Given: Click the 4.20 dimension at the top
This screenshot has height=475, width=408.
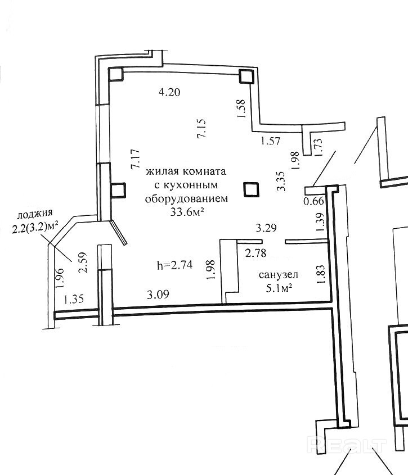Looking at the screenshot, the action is pyautogui.click(x=169, y=93).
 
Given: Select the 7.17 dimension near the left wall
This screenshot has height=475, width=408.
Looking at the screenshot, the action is pyautogui.click(x=134, y=160).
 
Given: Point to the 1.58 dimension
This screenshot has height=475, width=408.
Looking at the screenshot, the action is pyautogui.click(x=241, y=108).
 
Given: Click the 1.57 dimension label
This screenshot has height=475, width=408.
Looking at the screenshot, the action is pyautogui.click(x=270, y=141).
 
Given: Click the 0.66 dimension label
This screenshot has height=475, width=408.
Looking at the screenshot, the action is pyautogui.click(x=313, y=201).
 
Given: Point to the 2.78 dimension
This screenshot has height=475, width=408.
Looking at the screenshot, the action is pyautogui.click(x=255, y=254).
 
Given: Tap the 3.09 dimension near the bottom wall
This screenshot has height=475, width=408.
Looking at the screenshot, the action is pyautogui.click(x=157, y=293).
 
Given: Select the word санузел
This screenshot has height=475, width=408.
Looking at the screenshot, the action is pyautogui.click(x=278, y=275).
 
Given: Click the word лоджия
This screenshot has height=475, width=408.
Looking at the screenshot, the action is pyautogui.click(x=35, y=214).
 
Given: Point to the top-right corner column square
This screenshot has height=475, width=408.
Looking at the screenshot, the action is pyautogui.click(x=245, y=76).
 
